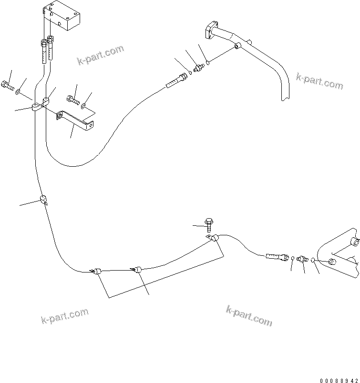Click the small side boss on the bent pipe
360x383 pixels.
[237, 46]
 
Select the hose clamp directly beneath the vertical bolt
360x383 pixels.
[214, 239]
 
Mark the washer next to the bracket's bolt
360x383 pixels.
[84, 105]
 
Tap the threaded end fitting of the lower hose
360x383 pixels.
[276, 257]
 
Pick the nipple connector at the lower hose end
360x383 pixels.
[301, 259]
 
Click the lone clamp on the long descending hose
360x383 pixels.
[43, 200]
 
